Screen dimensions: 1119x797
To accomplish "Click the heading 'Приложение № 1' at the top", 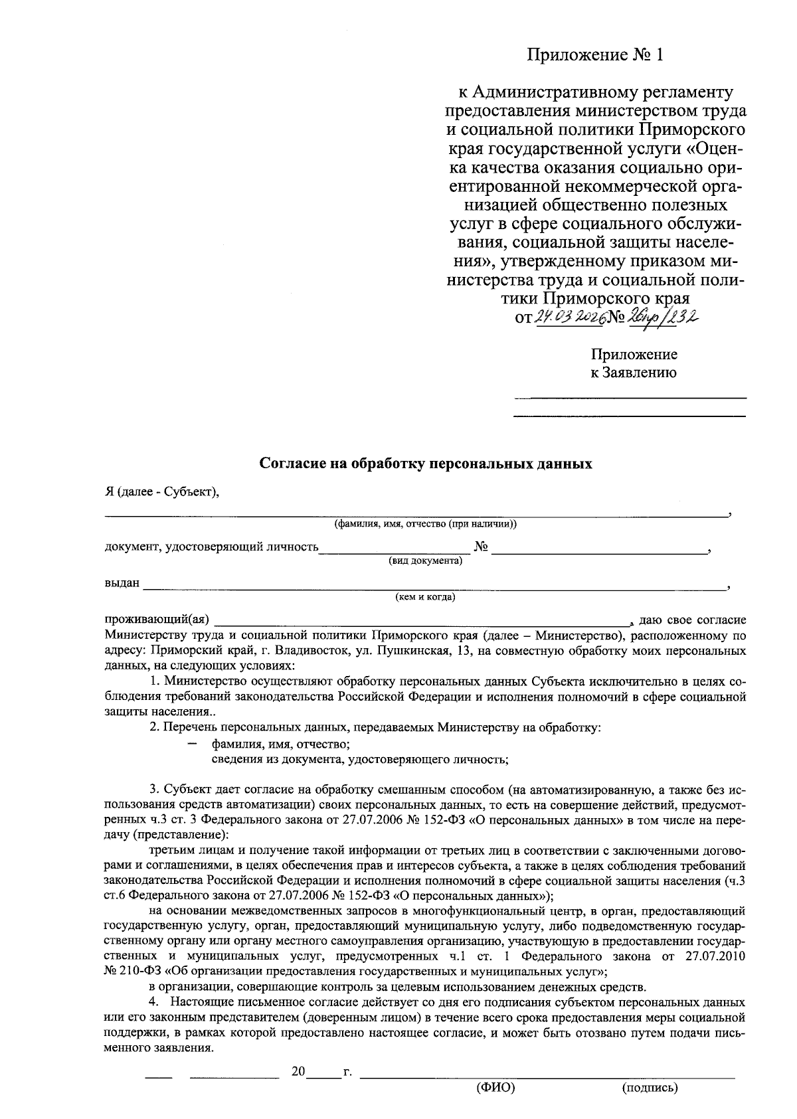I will point(595,55).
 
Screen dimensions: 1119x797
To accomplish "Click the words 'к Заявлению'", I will point(634,373).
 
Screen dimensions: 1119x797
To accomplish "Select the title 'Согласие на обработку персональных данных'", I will point(425,464).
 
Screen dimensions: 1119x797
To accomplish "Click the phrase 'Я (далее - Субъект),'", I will point(162,491).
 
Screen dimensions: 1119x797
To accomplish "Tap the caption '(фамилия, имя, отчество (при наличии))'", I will point(425,524).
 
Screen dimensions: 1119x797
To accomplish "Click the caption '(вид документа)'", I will point(425,561).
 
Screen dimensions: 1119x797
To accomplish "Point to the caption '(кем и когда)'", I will point(425,597).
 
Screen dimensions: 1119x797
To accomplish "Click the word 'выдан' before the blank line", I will point(122,583).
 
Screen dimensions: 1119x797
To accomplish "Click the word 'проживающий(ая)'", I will point(157,620).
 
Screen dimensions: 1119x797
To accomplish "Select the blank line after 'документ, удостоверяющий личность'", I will point(395,550).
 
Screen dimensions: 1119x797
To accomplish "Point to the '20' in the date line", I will point(298,1071).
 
